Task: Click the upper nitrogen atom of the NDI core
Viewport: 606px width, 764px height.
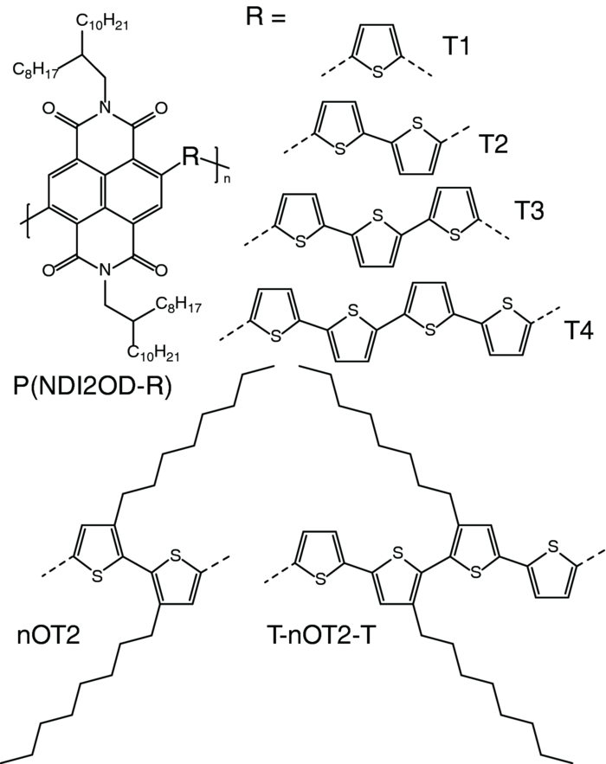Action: [x=102, y=110]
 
